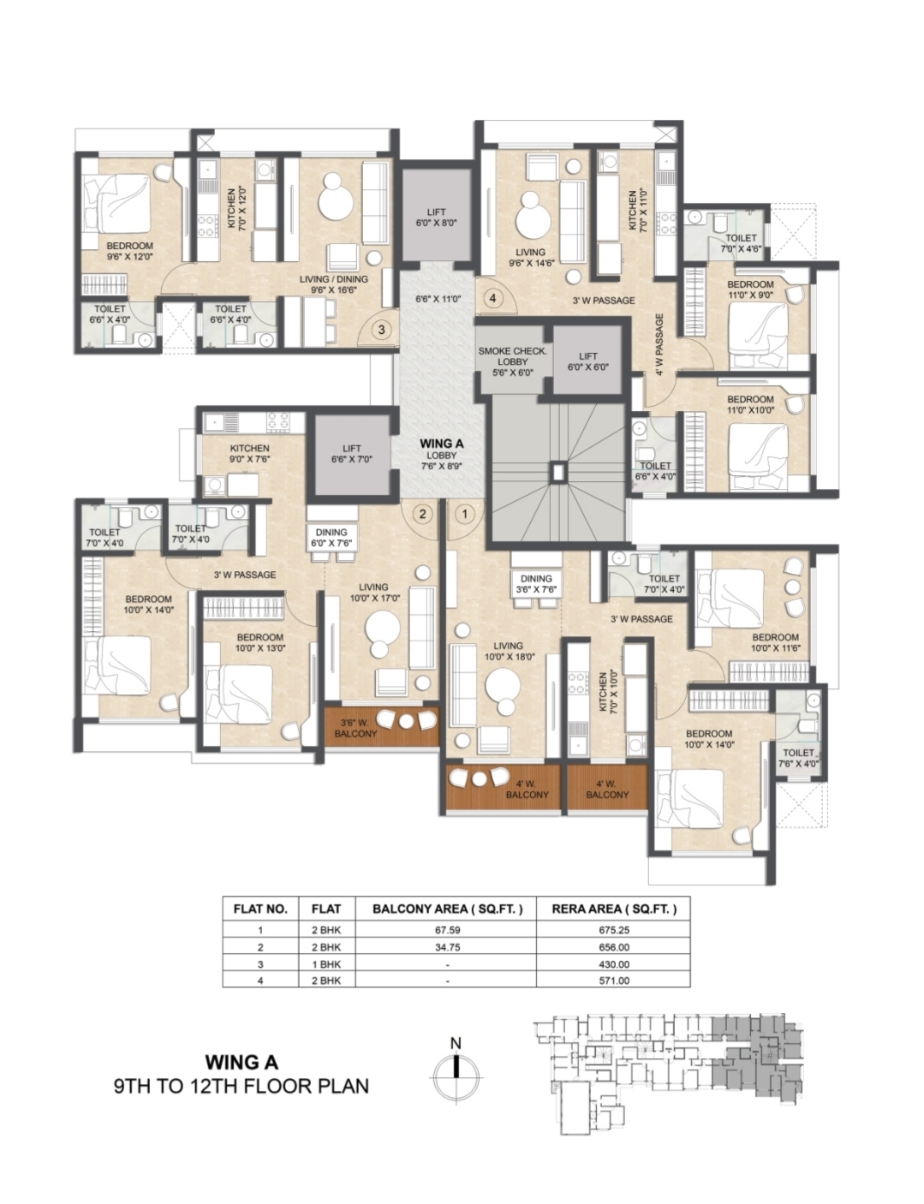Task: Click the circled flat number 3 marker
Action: (381, 330)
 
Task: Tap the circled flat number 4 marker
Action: (492, 298)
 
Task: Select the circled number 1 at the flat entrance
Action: (465, 514)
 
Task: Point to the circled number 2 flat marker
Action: (422, 514)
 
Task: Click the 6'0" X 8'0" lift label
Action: (436, 218)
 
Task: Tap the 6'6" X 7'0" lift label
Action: (351, 453)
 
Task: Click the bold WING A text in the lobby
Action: (442, 444)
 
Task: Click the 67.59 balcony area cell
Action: (447, 930)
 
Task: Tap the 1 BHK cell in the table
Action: (326, 964)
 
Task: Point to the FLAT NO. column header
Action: (260, 909)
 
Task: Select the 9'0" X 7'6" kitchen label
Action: (250, 453)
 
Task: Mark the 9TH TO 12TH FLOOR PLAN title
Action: (241, 1086)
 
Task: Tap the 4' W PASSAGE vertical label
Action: (659, 344)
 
